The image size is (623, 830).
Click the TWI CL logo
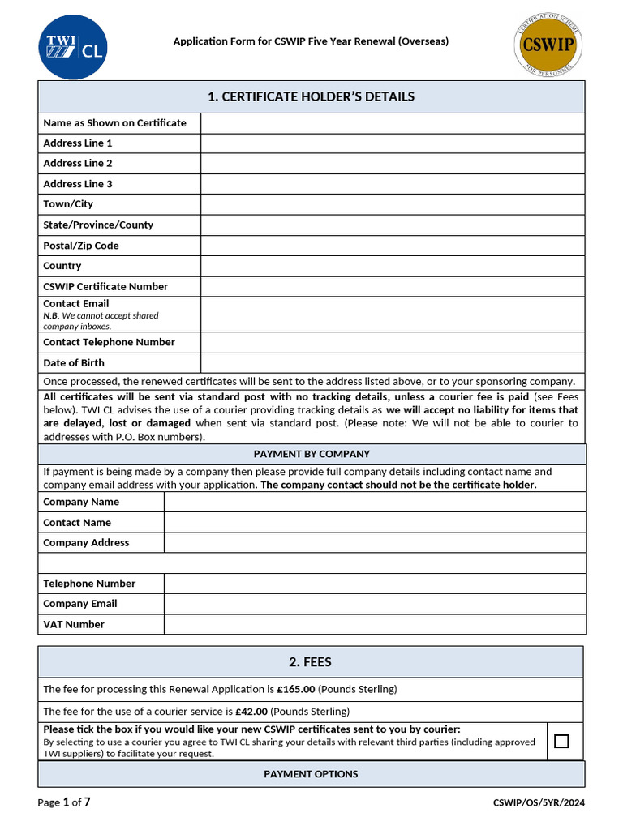tap(72, 47)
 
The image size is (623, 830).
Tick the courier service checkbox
tap(561, 741)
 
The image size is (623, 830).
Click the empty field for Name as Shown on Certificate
tap(393, 123)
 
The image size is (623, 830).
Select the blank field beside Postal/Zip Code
tap(393, 246)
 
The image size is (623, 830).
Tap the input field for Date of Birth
tap(393, 363)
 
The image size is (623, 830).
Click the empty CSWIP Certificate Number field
tap(393, 286)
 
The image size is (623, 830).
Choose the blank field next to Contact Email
tap(393, 314)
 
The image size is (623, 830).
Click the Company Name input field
tap(375, 502)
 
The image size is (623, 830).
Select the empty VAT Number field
tap(375, 624)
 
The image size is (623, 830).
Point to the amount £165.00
tap(296, 690)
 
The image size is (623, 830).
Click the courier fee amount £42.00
tap(251, 712)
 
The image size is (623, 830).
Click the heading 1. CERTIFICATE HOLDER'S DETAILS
tap(311, 97)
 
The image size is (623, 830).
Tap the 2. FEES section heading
tap(311, 662)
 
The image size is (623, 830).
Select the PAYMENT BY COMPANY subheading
tap(311, 454)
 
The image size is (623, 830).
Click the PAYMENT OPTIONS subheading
tap(311, 774)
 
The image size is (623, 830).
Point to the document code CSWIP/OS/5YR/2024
tap(539, 803)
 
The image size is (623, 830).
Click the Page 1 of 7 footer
tap(64, 802)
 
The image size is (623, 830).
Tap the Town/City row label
tap(68, 204)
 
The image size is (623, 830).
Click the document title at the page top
tap(311, 41)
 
